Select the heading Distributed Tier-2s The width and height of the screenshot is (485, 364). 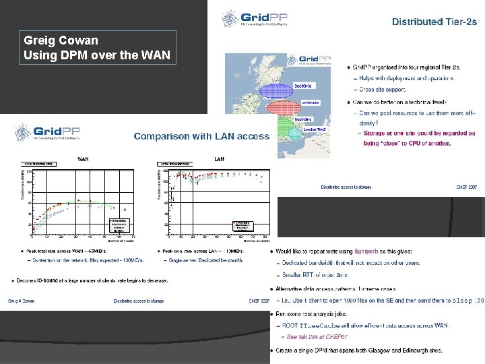click(434, 22)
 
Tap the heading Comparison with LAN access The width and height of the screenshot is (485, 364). click(201, 136)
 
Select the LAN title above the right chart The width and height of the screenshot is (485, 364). click(219, 160)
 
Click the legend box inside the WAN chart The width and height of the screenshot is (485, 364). click(119, 225)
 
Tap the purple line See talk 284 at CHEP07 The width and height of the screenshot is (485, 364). click(317, 336)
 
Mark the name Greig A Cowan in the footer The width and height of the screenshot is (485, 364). click(21, 301)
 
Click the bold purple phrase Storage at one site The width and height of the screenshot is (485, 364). click(391, 133)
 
